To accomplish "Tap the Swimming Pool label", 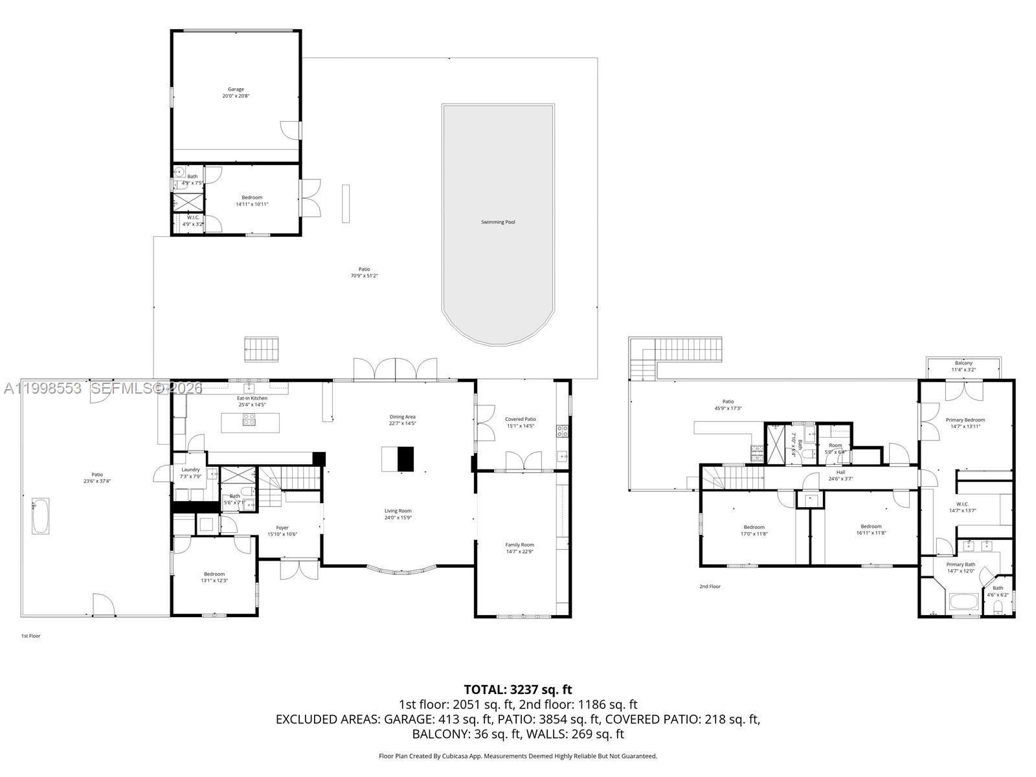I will coord(498,222).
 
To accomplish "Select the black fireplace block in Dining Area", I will coord(405,459).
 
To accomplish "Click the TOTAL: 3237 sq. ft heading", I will coord(518,690).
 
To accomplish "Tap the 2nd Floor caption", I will coord(710,587).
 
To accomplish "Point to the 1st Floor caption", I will coord(30,636).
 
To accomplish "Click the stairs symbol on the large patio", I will coord(262,350).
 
